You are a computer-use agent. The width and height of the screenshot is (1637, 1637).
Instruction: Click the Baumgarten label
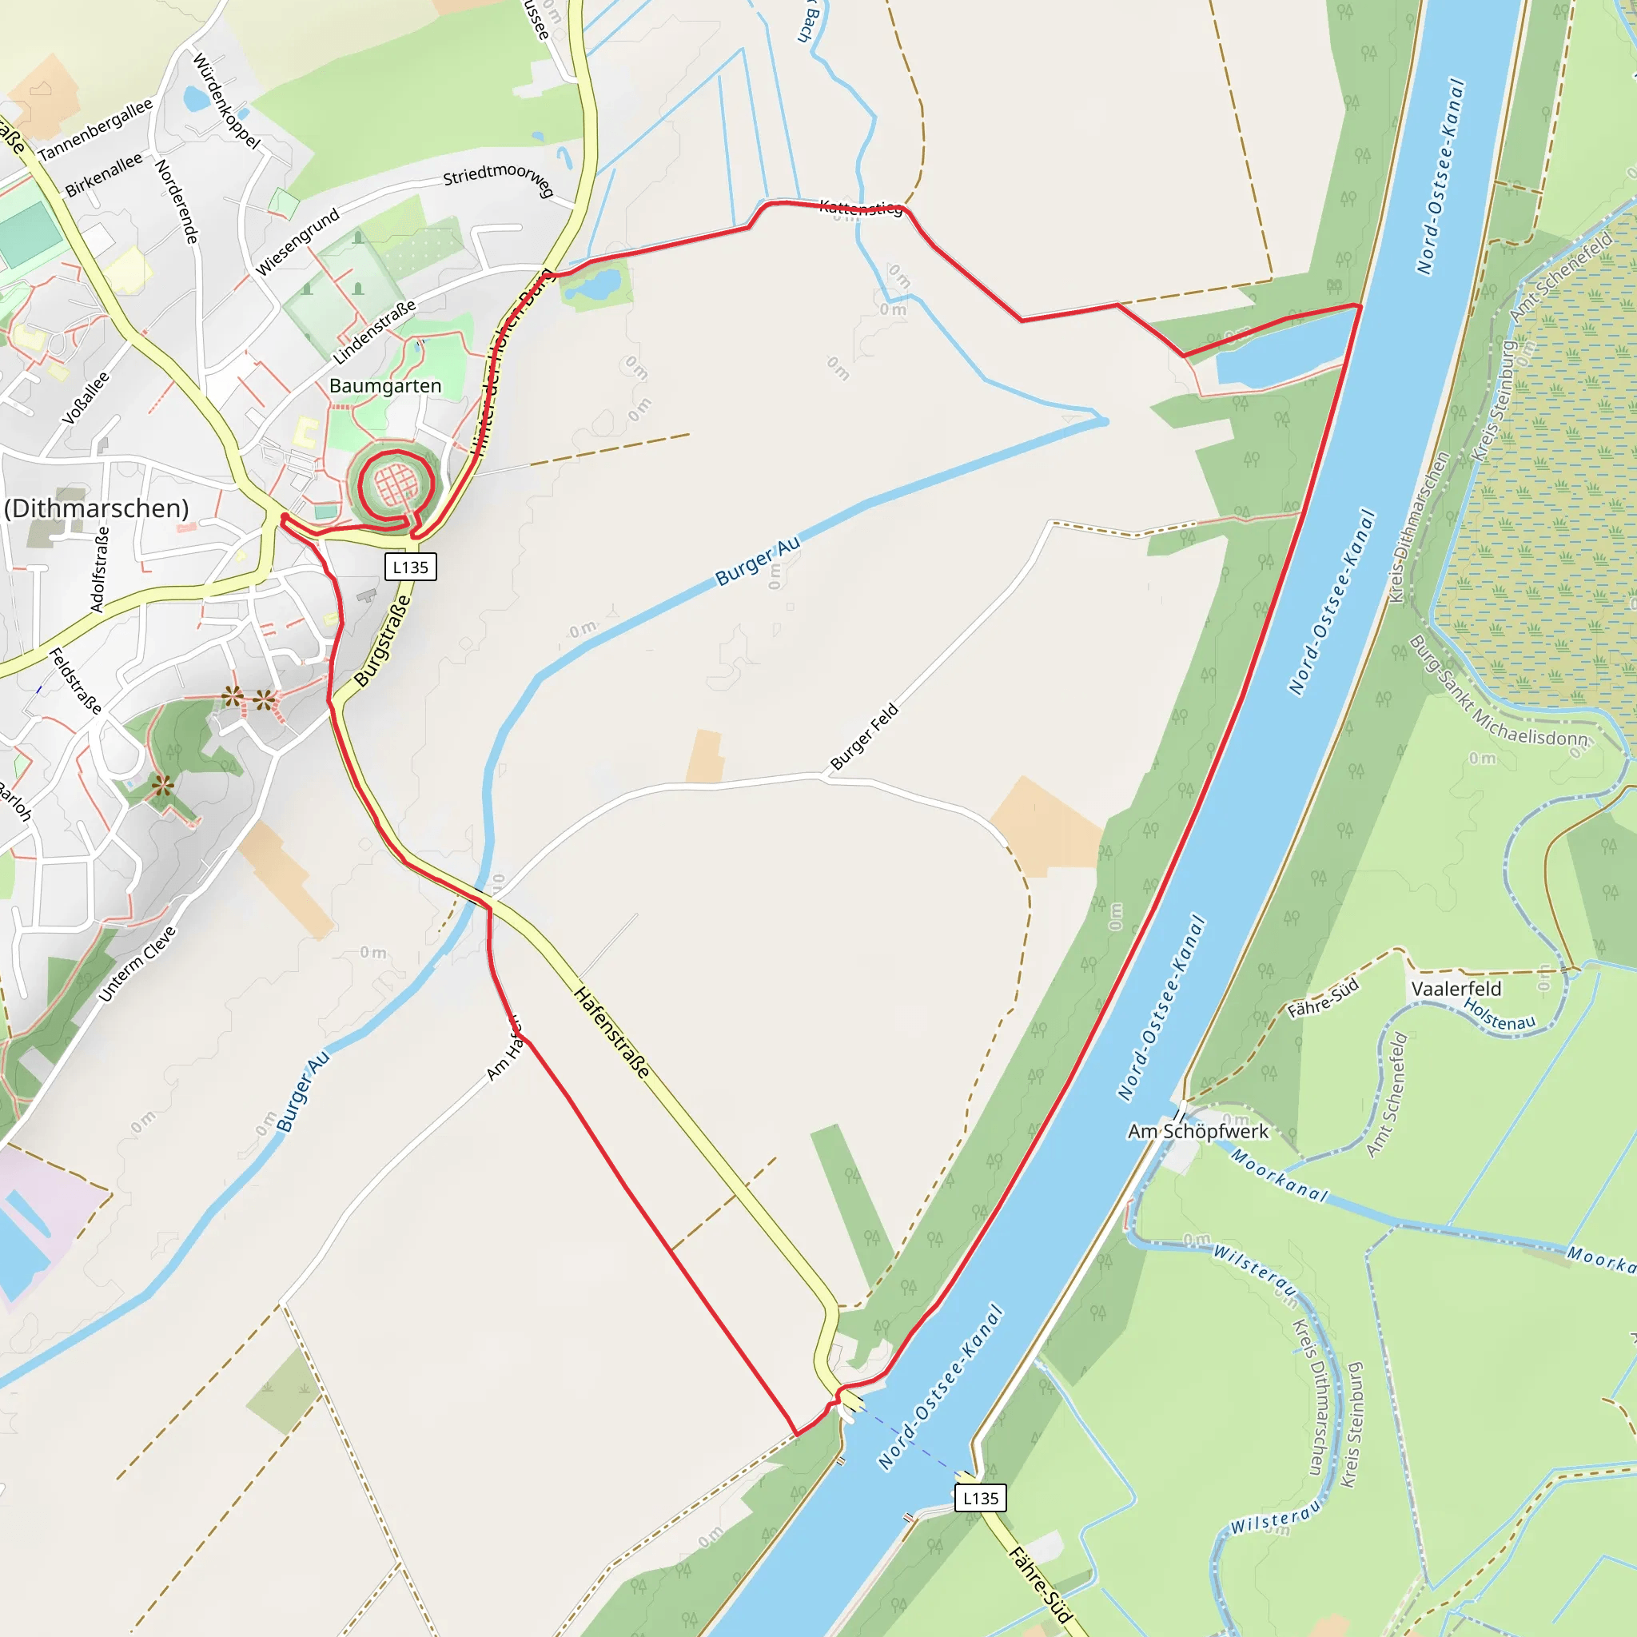(384, 386)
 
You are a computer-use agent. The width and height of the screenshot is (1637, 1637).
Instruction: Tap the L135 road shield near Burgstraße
(410, 567)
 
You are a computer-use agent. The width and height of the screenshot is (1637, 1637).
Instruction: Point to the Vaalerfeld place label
(1456, 989)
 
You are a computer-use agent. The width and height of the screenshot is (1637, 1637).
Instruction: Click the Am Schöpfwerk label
(1197, 1131)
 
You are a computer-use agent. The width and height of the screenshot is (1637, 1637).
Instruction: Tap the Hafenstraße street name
(612, 1032)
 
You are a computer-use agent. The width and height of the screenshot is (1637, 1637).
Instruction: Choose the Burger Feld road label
(863, 736)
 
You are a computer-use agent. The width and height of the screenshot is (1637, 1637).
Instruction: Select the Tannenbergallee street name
(95, 129)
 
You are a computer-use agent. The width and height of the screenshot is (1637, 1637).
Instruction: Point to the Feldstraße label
(75, 680)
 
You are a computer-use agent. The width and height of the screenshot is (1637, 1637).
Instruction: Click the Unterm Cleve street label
(137, 963)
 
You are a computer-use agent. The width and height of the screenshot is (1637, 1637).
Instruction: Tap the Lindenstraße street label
(375, 331)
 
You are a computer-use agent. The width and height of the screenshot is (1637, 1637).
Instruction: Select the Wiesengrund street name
(297, 241)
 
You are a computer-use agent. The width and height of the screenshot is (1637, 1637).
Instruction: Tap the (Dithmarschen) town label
(97, 508)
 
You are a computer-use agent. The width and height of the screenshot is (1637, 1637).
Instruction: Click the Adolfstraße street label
(100, 569)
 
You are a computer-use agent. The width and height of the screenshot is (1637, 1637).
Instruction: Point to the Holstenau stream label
(1499, 1015)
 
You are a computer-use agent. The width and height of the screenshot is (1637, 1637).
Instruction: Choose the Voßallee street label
(86, 398)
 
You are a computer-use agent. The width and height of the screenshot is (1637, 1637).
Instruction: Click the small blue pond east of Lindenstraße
(595, 285)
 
